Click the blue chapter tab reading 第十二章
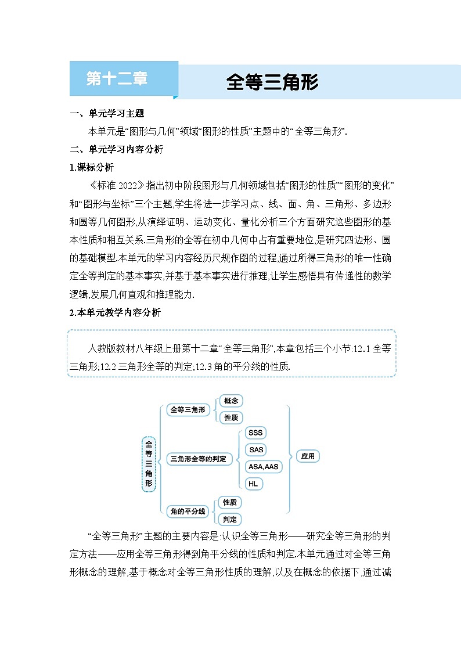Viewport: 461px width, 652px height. (x=117, y=79)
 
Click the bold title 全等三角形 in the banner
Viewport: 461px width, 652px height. (x=272, y=82)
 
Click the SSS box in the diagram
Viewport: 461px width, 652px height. (x=255, y=433)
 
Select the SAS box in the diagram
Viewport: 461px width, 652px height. (x=255, y=449)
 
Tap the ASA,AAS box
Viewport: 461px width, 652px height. (x=263, y=466)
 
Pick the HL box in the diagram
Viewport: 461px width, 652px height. (x=253, y=483)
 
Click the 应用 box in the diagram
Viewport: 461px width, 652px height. (x=308, y=456)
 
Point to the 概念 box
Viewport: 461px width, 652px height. (x=230, y=401)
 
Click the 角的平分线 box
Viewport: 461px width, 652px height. (x=186, y=511)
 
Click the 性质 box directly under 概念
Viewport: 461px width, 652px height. (x=230, y=417)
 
